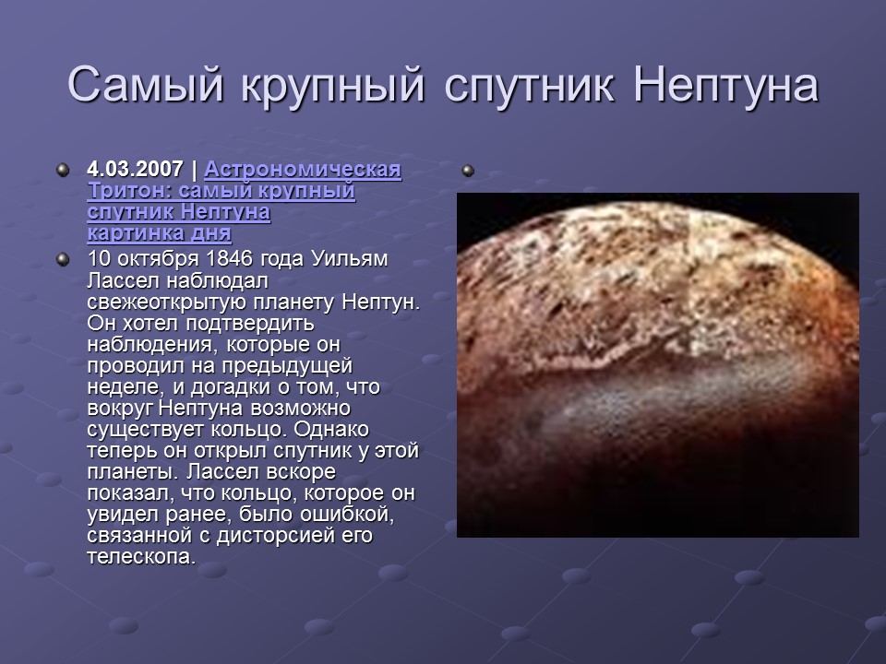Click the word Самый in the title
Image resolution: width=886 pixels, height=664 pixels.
tap(146, 86)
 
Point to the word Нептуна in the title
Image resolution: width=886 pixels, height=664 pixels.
tap(726, 86)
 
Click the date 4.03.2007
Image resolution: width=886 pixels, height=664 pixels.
tap(135, 171)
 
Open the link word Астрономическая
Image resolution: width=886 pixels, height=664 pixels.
tap(303, 171)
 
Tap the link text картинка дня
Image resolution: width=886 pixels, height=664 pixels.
tap(159, 234)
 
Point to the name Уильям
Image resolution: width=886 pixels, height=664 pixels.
tap(355, 258)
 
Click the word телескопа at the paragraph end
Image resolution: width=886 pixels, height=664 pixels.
tap(140, 557)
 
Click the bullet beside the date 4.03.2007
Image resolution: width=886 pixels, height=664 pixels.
tap(62, 171)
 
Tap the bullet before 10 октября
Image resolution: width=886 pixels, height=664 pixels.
tap(62, 258)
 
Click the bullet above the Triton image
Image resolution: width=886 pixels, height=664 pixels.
tap(468, 171)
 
